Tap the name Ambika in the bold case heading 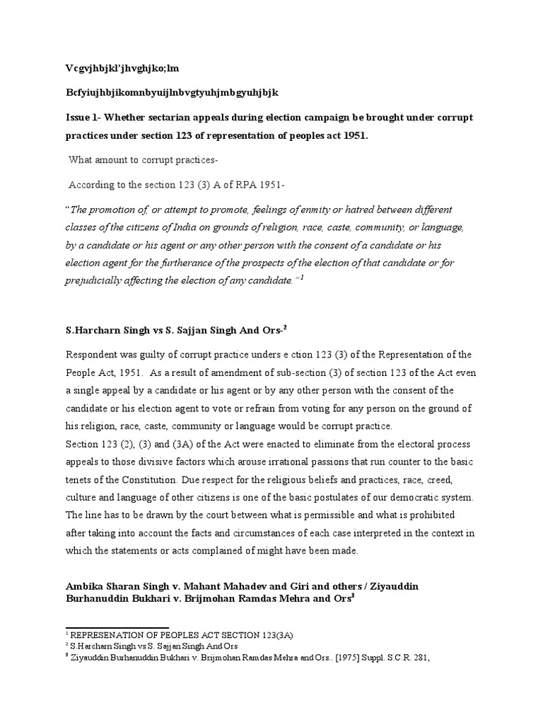click(x=86, y=587)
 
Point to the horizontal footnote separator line click(x=117, y=627)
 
